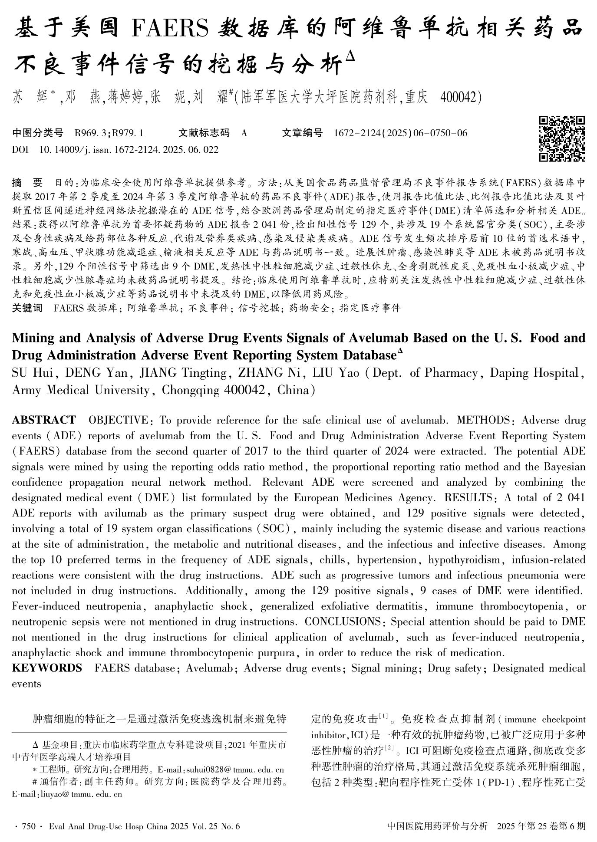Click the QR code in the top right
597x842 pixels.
click(x=562, y=138)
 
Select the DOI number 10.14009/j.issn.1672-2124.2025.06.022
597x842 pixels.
click(x=129, y=150)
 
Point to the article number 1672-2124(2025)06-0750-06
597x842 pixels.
click(x=400, y=133)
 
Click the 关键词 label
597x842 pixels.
click(x=27, y=308)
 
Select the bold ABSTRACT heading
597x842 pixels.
click(x=43, y=420)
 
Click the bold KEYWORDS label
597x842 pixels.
click(x=47, y=668)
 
